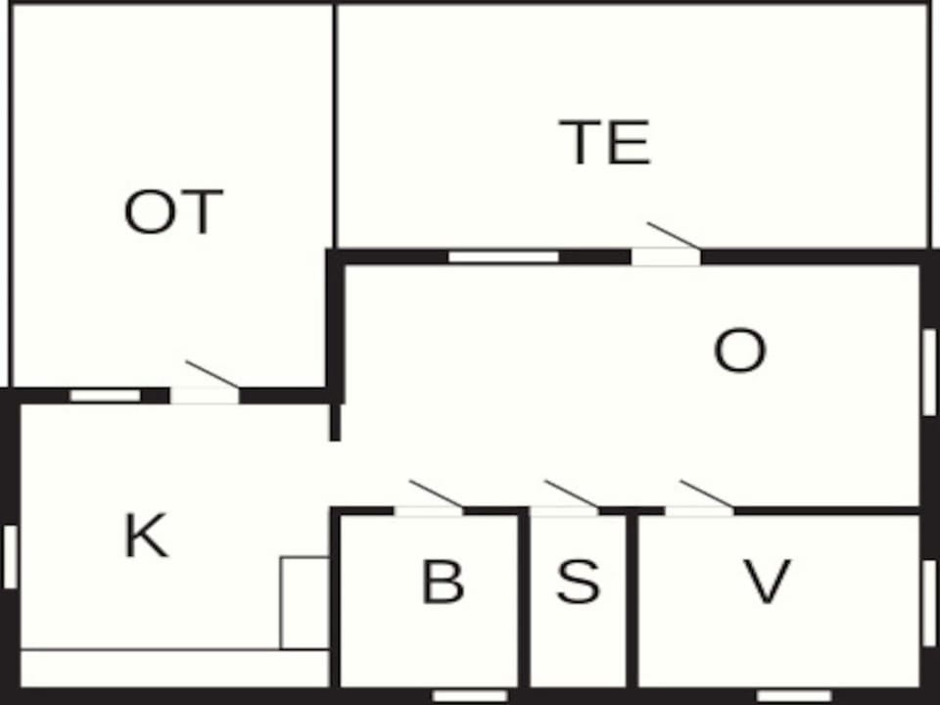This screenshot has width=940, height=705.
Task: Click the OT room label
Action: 173,211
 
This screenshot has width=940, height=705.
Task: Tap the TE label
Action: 604,141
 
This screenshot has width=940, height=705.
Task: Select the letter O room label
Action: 740,351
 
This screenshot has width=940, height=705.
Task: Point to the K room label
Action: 146,536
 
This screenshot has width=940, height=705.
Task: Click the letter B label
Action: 443,581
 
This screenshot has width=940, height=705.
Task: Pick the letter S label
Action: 578,581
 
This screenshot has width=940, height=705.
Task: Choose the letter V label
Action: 767,581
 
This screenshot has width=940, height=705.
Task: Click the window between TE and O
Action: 503,258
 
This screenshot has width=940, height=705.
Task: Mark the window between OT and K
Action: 106,396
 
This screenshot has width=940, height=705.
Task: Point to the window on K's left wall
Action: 10,557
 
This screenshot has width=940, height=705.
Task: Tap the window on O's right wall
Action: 930,372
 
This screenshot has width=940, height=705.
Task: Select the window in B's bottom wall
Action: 470,696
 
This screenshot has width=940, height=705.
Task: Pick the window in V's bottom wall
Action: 794,696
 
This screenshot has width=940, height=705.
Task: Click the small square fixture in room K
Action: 305,603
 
